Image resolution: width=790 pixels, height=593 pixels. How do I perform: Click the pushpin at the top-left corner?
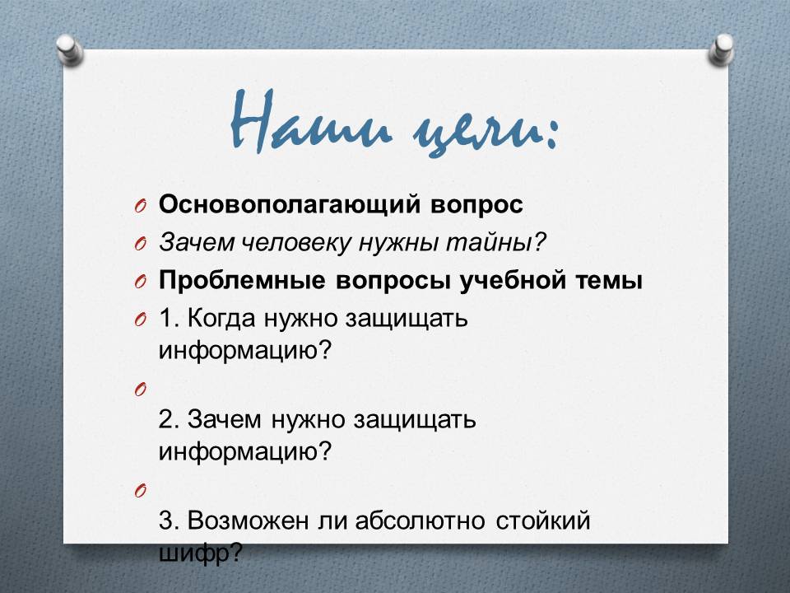[69, 49]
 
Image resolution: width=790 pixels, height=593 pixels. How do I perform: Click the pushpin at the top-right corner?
[721, 49]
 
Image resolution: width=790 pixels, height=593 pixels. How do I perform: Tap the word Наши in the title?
[311, 122]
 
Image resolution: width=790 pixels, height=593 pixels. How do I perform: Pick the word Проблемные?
[242, 280]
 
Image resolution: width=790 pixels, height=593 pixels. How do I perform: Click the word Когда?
[221, 319]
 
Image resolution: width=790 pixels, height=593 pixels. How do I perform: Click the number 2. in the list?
[169, 419]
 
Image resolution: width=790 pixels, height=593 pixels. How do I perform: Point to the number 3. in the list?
[169, 521]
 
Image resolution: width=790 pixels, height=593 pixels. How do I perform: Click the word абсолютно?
[421, 521]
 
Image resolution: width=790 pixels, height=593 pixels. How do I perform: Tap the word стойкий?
[542, 521]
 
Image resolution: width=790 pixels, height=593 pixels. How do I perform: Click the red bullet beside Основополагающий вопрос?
[141, 206]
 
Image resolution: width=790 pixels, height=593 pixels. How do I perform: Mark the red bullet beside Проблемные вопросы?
[141, 282]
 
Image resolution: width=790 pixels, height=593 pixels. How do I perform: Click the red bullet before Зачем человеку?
[141, 244]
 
